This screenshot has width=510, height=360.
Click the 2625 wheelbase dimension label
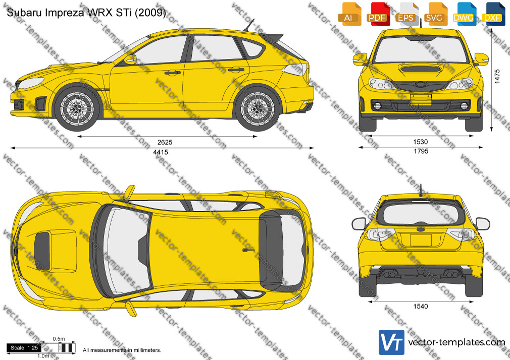165,142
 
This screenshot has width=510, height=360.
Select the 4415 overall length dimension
161,152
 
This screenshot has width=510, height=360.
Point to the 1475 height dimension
497,76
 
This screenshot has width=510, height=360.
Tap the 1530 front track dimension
421,142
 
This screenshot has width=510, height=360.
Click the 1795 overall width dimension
421,151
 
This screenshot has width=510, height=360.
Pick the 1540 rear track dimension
421,306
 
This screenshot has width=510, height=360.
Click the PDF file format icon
377,14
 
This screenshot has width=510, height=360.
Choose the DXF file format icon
493,14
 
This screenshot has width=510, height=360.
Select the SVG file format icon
435,14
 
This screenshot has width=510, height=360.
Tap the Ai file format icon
349,14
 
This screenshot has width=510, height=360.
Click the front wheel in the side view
77,108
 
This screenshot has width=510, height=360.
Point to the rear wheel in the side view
258,108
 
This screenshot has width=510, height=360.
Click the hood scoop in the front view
421,69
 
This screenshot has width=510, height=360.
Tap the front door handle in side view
172,73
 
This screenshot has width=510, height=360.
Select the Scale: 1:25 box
24,348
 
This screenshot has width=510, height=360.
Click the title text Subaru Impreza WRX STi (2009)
86,13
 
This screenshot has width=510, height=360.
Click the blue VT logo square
392,342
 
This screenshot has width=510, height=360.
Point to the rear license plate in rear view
421,240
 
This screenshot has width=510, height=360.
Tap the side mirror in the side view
130,59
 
